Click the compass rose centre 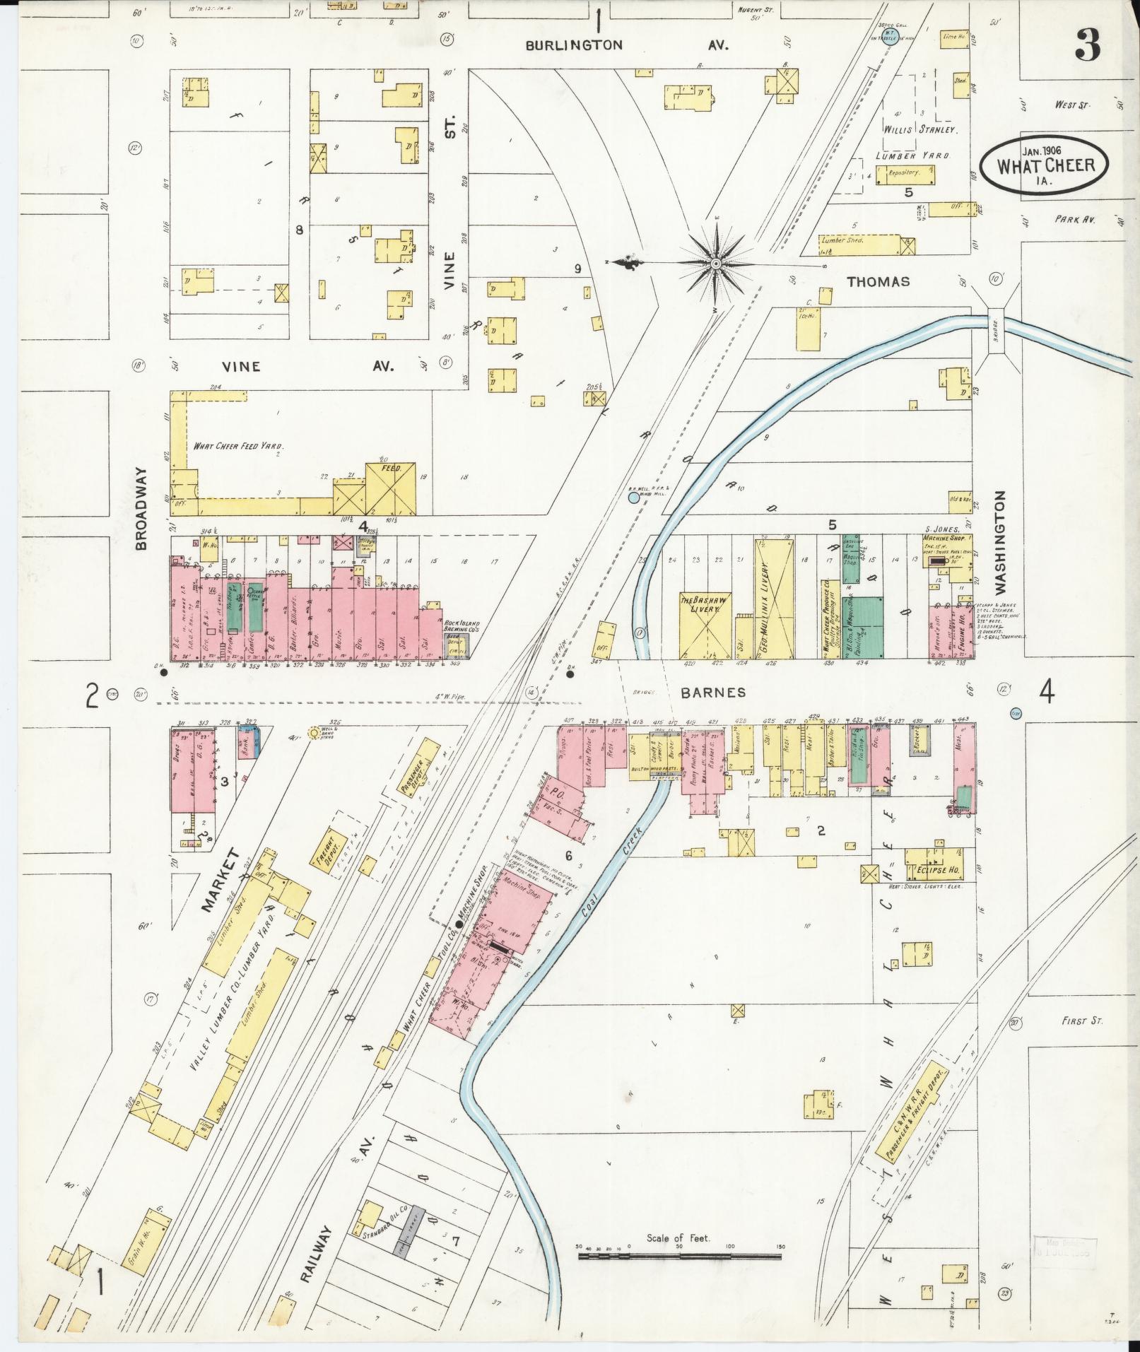click(716, 263)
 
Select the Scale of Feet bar click(679, 762)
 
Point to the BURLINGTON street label click(574, 45)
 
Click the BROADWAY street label click(141, 508)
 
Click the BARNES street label click(712, 693)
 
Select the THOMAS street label click(878, 281)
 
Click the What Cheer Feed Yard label click(239, 446)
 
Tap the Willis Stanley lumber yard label click(918, 130)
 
